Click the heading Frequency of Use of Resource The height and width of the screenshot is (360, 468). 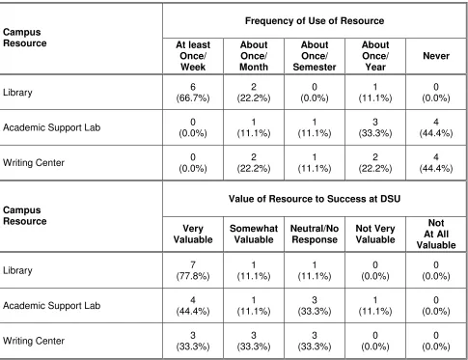pos(315,21)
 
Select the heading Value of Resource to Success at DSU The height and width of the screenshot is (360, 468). pos(315,199)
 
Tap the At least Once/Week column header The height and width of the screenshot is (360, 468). pos(193,56)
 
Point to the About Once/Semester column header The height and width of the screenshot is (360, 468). pos(315,56)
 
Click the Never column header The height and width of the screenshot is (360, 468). pos(436,56)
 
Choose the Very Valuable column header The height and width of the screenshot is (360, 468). pos(193,234)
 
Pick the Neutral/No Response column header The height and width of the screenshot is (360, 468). pos(315,234)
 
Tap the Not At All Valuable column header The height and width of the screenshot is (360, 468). pos(436,234)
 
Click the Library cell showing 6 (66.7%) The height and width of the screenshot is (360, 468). pos(193,93)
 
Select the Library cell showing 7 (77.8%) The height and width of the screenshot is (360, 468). pos(193,270)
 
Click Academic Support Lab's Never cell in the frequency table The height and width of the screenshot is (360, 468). pos(436,127)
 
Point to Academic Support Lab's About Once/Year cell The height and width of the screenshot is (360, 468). pos(375,127)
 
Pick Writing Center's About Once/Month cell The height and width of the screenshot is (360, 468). pos(254,163)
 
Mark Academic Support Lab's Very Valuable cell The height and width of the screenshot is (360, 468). pos(193,306)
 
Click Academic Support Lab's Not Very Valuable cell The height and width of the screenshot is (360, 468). pos(375,306)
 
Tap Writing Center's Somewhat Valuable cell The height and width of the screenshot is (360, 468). pos(254,341)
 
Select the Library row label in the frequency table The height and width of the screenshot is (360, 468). pos(17,93)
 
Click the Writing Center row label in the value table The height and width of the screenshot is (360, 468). pos(34,341)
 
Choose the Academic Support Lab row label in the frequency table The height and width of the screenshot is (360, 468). pos(52,127)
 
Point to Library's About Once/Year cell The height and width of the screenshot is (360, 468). pos(375,93)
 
